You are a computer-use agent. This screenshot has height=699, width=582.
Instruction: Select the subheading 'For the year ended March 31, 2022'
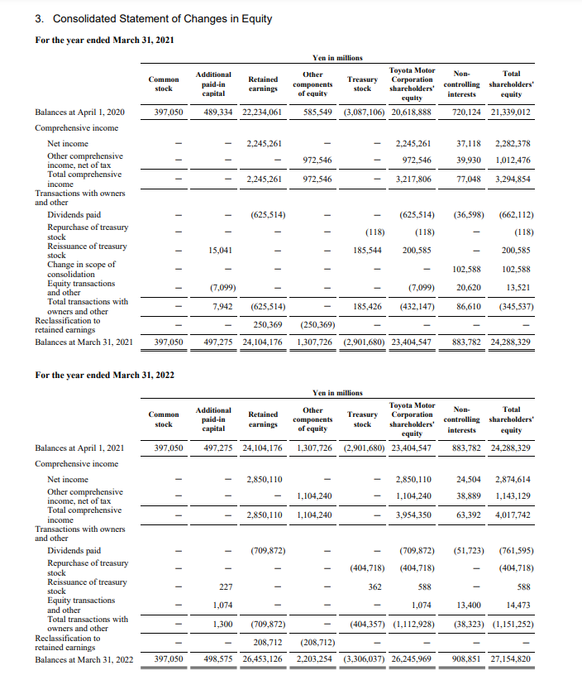pyautogui.click(x=105, y=376)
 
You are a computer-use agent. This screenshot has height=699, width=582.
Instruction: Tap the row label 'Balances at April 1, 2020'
pyautogui.click(x=80, y=113)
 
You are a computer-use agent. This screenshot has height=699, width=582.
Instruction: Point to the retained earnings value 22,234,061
pyautogui.click(x=262, y=113)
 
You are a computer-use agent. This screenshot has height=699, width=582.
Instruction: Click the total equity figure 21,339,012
pyautogui.click(x=511, y=113)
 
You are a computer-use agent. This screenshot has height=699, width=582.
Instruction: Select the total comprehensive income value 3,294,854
pyautogui.click(x=513, y=180)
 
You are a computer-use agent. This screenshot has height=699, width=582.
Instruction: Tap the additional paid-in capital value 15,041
pyautogui.click(x=216, y=250)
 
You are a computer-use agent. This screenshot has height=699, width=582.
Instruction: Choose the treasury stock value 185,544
pyautogui.click(x=367, y=250)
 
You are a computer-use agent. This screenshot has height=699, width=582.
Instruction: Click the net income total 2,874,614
pyautogui.click(x=513, y=480)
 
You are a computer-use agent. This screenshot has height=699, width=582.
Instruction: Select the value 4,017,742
pyautogui.click(x=513, y=515)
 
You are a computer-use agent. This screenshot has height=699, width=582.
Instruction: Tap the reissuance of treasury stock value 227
pyautogui.click(x=221, y=587)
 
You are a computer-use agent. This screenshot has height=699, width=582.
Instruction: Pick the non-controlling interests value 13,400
pyautogui.click(x=469, y=606)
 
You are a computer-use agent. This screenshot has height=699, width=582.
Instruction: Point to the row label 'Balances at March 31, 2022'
pyautogui.click(x=83, y=659)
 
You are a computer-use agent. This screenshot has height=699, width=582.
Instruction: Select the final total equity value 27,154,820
pyautogui.click(x=511, y=659)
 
